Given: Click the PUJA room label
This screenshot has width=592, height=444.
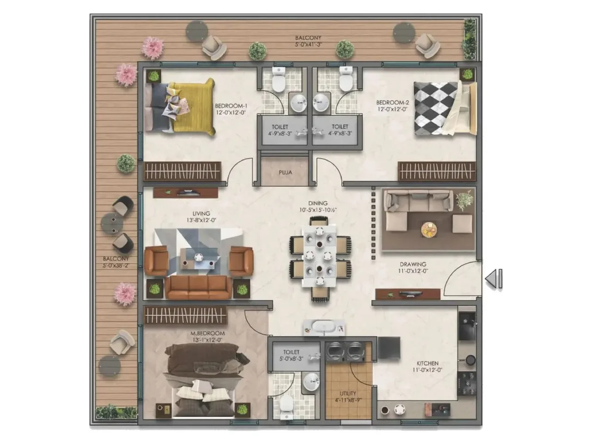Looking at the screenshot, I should (x=285, y=173).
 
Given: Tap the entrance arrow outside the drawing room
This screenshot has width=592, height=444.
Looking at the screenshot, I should (x=493, y=278).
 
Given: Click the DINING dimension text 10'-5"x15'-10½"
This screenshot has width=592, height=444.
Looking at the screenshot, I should (x=318, y=210).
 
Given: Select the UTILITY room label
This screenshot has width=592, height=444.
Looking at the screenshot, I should (x=347, y=394).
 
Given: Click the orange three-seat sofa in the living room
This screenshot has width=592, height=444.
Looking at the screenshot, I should (x=198, y=287).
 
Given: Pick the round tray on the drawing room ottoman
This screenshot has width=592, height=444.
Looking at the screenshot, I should (x=430, y=228).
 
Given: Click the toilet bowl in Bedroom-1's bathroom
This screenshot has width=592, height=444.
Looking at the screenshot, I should (x=278, y=82).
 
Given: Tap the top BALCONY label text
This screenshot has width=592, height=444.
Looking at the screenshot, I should (x=308, y=38).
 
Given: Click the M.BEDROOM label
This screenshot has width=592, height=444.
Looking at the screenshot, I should (x=207, y=333).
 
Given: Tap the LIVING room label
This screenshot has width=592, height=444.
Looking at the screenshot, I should (x=201, y=214).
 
